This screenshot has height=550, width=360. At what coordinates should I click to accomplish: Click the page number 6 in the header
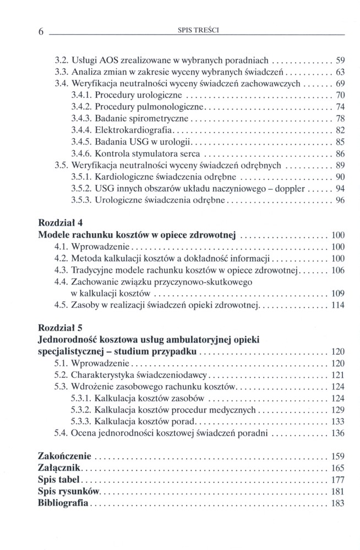(x=41, y=32)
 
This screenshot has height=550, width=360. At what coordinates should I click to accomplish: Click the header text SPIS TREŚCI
(x=197, y=31)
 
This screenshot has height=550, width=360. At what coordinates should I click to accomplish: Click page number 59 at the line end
(x=340, y=60)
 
